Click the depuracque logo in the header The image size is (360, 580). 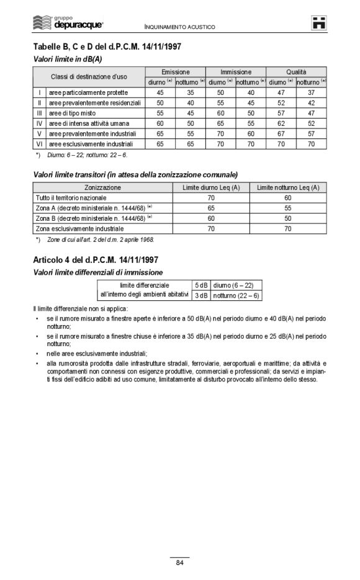pyautogui.click(x=68, y=22)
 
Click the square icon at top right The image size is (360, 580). pyautogui.click(x=319, y=22)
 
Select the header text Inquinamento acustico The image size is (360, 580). pyautogui.click(x=179, y=27)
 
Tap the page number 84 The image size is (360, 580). pyautogui.click(x=179, y=563)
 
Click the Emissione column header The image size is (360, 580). pyautogui.click(x=175, y=72)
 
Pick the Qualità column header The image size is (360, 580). pyautogui.click(x=296, y=72)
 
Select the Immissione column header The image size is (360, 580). pyautogui.click(x=236, y=72)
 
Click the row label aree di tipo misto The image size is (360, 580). pyautogui.click(x=73, y=114)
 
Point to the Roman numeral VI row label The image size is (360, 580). pyautogui.click(x=39, y=144)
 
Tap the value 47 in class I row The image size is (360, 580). pyautogui.click(x=281, y=93)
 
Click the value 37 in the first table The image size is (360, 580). pyautogui.click(x=311, y=93)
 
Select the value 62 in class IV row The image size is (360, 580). pyautogui.click(x=281, y=123)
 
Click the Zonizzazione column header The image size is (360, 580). pyautogui.click(x=103, y=187)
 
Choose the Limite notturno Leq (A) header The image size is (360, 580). pyautogui.click(x=288, y=187)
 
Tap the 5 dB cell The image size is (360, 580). pyautogui.click(x=201, y=285)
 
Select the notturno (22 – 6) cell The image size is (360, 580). pyautogui.click(x=236, y=295)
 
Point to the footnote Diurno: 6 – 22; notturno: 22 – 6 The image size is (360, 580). pyautogui.click(x=87, y=154)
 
